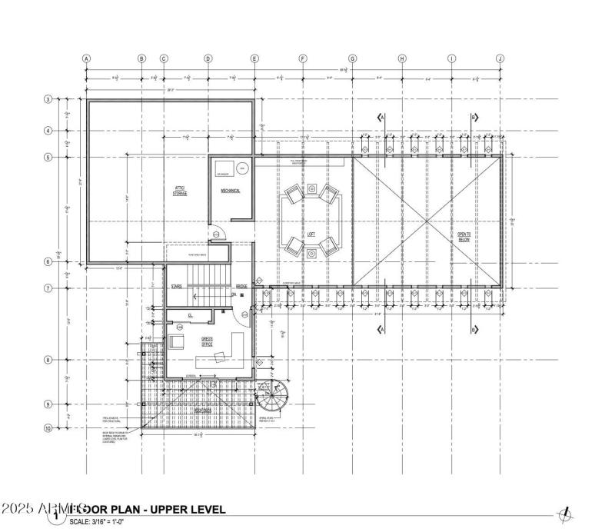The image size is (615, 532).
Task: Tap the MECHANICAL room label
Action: (x=231, y=191)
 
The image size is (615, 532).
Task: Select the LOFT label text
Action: (x=311, y=234)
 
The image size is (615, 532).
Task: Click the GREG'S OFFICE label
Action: (x=208, y=341)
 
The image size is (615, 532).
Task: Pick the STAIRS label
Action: (x=176, y=286)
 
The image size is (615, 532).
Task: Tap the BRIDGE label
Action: (x=241, y=286)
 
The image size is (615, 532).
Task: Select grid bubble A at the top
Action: (x=87, y=58)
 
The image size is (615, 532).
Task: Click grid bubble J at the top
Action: (x=500, y=58)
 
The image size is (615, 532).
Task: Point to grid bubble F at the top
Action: (x=303, y=58)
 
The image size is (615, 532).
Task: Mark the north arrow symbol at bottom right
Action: (x=567, y=513)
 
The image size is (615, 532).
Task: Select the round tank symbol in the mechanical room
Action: (x=241, y=167)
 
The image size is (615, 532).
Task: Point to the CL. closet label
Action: (x=190, y=315)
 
